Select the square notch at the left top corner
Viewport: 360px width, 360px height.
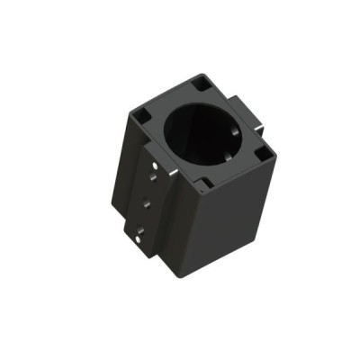(142, 114)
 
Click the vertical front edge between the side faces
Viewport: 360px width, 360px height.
(192, 234)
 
